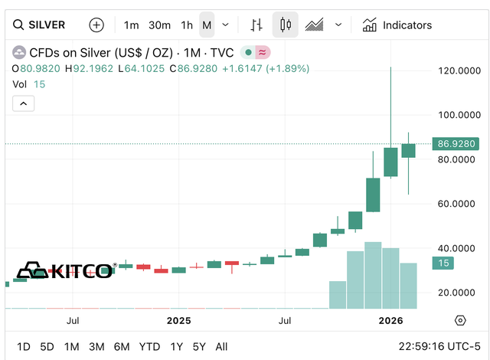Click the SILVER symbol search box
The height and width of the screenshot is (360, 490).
click(x=46, y=25)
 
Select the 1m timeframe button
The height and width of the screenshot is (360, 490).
click(x=131, y=25)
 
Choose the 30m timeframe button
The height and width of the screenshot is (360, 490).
click(x=159, y=25)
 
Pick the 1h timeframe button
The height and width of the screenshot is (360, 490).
click(x=186, y=25)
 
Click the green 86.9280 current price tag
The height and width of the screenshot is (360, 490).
click(x=456, y=143)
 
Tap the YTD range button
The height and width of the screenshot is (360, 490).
click(x=149, y=347)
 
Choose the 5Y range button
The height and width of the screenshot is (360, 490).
click(x=199, y=347)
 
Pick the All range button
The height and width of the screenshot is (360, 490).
click(x=221, y=347)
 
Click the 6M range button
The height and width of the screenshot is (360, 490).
click(x=122, y=347)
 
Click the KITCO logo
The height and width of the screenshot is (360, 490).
click(x=66, y=270)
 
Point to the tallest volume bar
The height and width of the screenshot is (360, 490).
click(x=373, y=275)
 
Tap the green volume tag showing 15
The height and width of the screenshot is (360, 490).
click(x=443, y=263)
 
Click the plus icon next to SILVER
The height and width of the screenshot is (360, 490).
click(x=96, y=25)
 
